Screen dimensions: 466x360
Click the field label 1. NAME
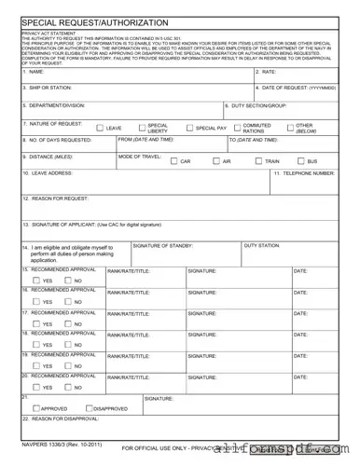click(x=34, y=72)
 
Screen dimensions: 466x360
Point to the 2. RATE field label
click(x=265, y=72)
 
